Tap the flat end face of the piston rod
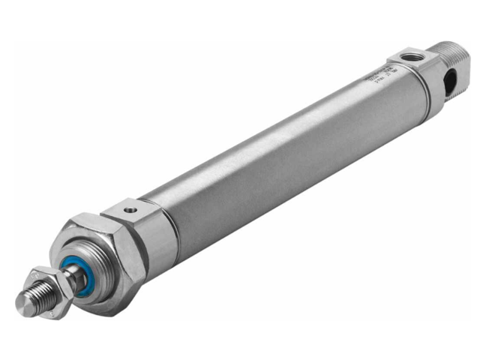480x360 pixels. click(x=22, y=303)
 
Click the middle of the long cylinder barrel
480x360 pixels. click(x=285, y=150)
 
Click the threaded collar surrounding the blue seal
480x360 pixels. click(x=90, y=270)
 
